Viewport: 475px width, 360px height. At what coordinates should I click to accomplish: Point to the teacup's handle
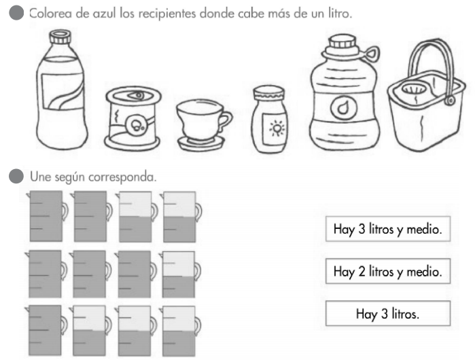coord(225,121)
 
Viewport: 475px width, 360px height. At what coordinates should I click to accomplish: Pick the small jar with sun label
coord(271,116)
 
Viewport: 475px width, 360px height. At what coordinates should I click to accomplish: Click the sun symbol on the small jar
coord(277,127)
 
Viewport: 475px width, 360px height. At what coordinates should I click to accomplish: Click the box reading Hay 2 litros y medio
coord(387,272)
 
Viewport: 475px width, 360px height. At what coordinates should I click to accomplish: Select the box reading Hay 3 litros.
coord(387,314)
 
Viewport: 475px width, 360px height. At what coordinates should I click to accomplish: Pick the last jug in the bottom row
coord(179,331)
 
